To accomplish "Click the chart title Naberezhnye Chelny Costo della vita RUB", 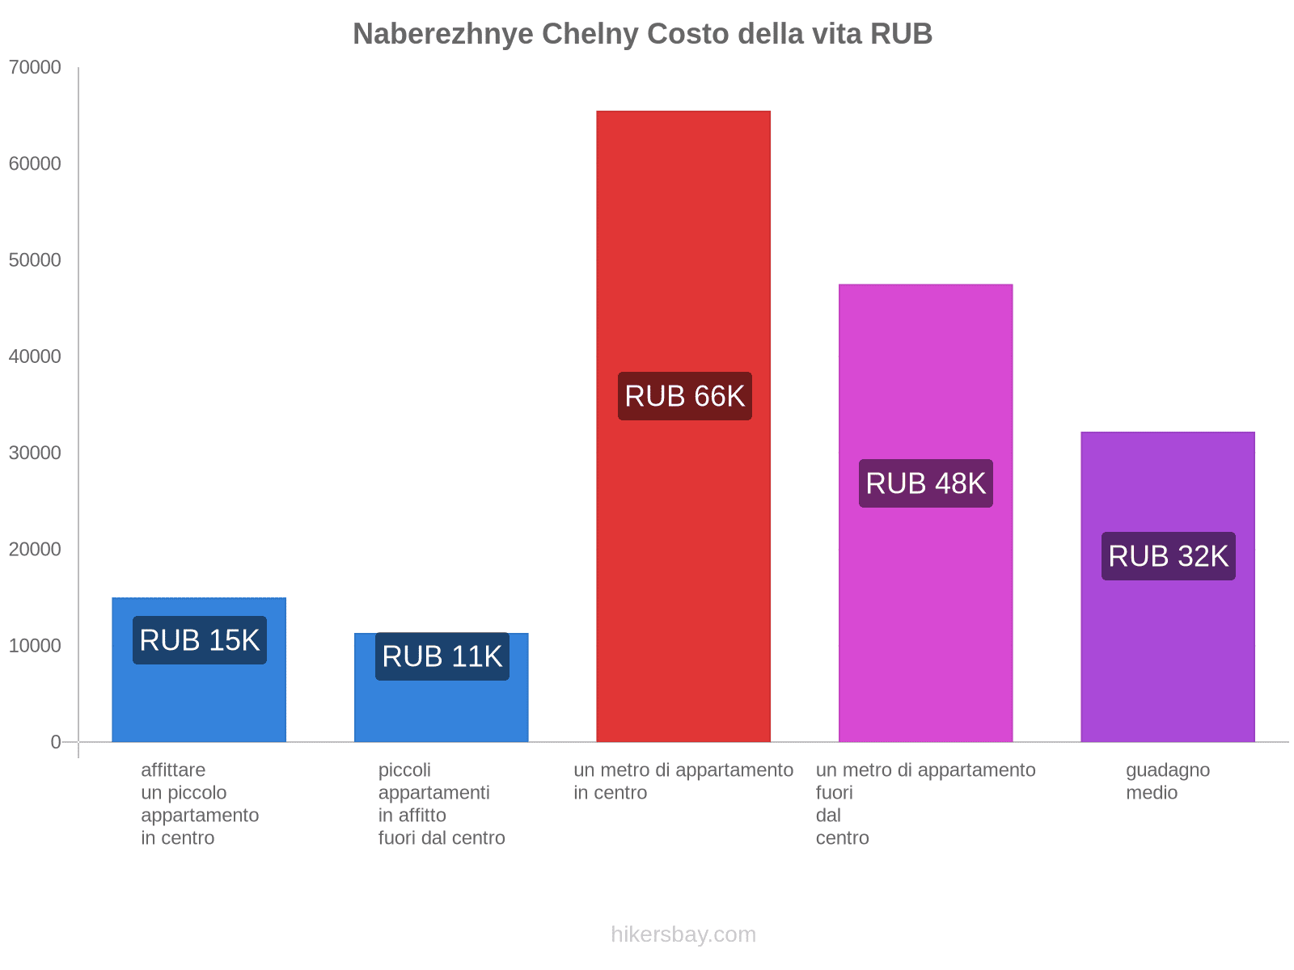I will (x=642, y=34).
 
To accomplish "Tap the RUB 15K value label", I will (x=199, y=640).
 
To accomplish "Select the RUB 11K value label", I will (x=442, y=656).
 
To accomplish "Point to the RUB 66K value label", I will (x=684, y=396).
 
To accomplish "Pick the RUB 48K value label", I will (x=925, y=483).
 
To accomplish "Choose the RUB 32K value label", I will (x=1168, y=556).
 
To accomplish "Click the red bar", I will (x=683, y=242).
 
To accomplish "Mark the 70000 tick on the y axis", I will (x=36, y=67).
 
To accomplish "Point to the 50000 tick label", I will (x=36, y=260).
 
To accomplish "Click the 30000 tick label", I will (x=36, y=453).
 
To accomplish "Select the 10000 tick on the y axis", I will (x=36, y=646).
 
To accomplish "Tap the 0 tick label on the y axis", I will (x=56, y=742).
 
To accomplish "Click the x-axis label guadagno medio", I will (x=1167, y=782).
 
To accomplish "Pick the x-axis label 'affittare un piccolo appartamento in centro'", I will (x=200, y=803).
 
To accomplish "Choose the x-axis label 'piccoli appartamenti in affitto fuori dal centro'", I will (x=442, y=803).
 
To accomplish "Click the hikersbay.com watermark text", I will (x=683, y=934).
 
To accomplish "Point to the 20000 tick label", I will (x=36, y=550).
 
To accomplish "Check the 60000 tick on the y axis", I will (x=36, y=164).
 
